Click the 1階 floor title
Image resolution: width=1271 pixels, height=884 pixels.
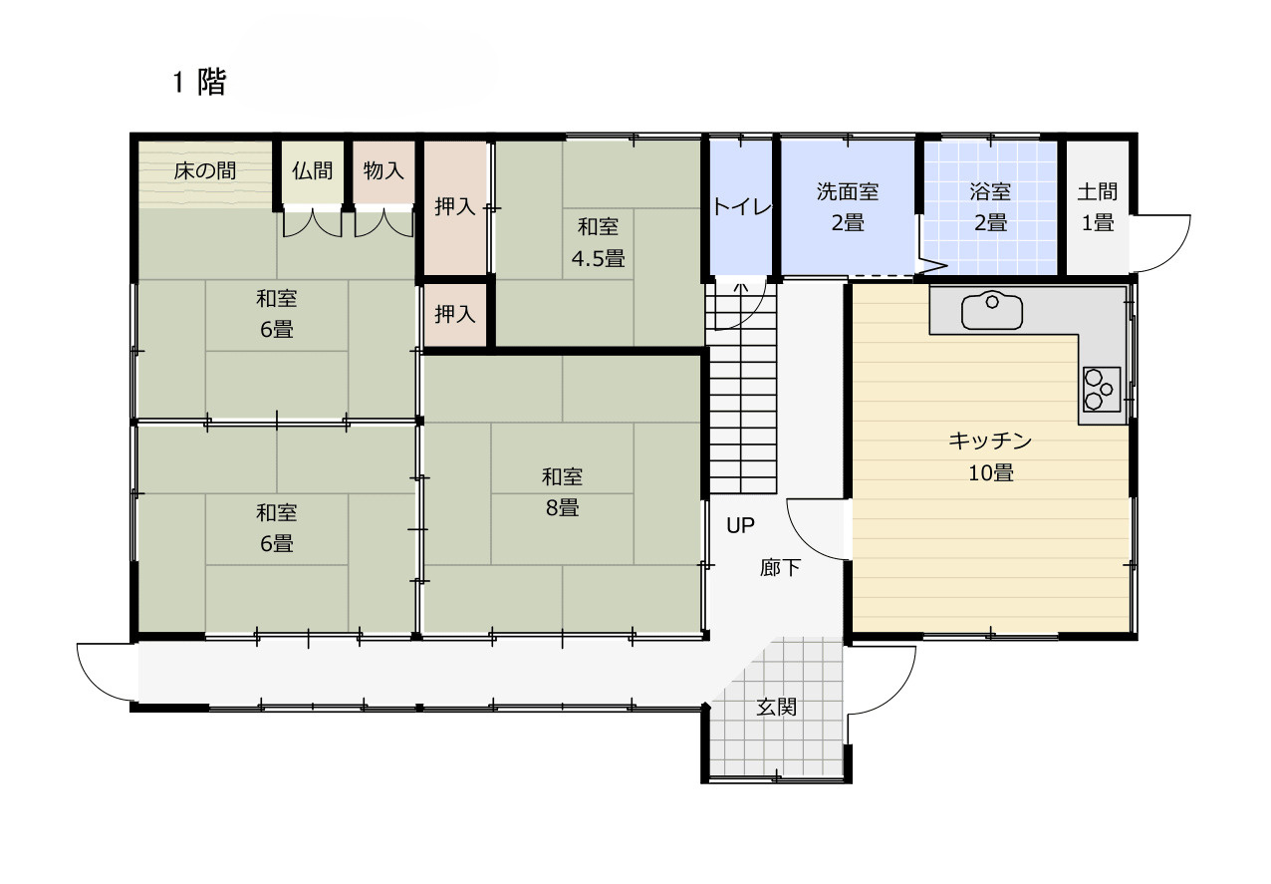[199, 83]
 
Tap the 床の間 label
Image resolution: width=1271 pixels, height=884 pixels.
[204, 171]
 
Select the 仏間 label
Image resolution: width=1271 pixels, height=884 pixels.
[312, 171]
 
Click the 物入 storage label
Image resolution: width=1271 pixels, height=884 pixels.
[383, 171]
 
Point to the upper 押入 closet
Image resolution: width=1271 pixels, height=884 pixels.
[454, 207]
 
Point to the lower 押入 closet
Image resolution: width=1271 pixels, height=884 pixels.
[454, 314]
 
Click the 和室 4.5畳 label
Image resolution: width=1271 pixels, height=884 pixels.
[598, 242]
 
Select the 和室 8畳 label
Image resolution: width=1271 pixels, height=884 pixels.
[562, 491]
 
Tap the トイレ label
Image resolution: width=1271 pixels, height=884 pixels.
[740, 207]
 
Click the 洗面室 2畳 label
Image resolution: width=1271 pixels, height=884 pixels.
[848, 206]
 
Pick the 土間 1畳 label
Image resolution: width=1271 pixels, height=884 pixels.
[1097, 206]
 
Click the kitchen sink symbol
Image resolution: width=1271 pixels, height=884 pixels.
[991, 311]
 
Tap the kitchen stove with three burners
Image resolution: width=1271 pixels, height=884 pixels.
[1101, 389]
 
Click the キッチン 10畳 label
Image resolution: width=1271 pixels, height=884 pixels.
[990, 456]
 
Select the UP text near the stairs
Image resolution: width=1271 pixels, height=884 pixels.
[740, 525]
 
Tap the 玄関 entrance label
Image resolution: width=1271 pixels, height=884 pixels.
[776, 708]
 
